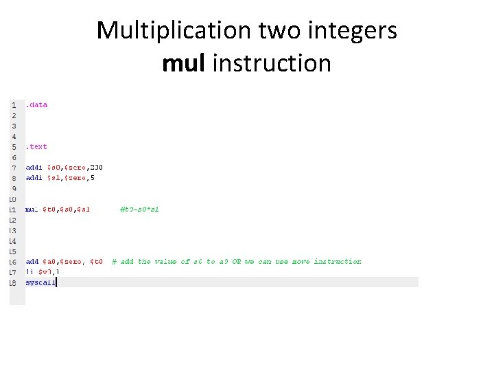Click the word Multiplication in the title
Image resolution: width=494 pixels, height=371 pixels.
[x=174, y=30]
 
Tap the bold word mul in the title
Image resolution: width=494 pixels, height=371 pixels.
[x=185, y=63]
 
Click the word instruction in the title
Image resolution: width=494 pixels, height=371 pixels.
[x=272, y=63]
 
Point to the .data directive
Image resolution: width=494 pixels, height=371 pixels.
[x=36, y=105]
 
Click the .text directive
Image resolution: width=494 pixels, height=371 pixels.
[x=36, y=146]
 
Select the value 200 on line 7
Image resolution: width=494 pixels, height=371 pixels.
[x=95, y=167]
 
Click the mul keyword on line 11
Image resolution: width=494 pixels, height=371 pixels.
[x=32, y=209]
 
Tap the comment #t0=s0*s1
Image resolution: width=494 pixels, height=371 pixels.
[x=139, y=209]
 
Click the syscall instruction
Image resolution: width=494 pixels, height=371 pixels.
[x=40, y=282]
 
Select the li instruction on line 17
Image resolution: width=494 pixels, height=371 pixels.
[x=29, y=271]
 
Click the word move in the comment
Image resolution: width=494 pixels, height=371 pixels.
[x=301, y=261]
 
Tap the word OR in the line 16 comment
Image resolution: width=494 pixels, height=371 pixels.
[x=236, y=261]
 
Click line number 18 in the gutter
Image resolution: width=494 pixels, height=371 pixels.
[x=13, y=282]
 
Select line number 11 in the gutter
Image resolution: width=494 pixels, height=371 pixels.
[x=13, y=209]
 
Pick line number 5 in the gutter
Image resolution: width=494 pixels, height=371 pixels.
[x=14, y=146]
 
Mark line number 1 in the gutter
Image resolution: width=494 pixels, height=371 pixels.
[x=14, y=105]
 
